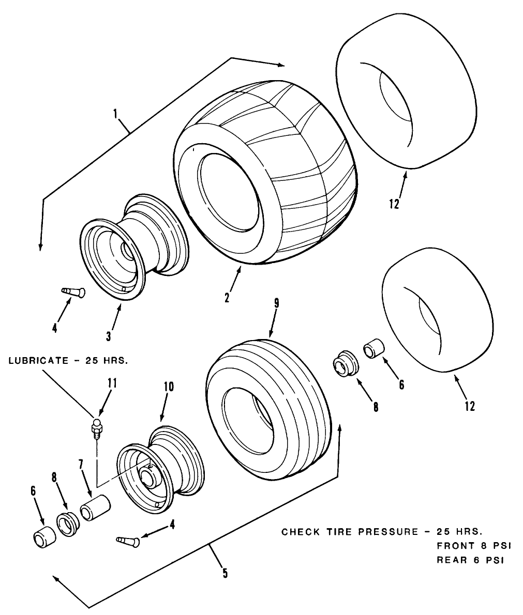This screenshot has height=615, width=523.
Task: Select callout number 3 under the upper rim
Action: click(x=109, y=336)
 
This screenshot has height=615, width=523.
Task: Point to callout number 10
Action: click(x=169, y=388)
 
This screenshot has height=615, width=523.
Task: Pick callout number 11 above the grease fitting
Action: click(x=112, y=383)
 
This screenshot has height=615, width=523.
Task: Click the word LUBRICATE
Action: click(x=38, y=360)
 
